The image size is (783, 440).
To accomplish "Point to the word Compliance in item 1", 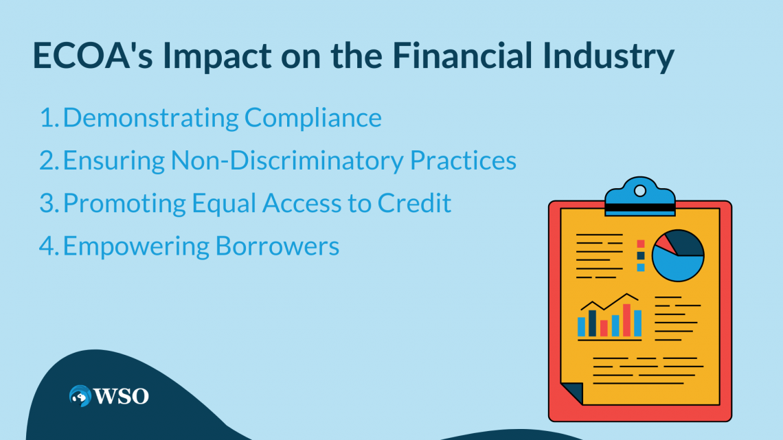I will (x=313, y=118).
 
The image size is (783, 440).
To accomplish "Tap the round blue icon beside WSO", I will (x=80, y=395).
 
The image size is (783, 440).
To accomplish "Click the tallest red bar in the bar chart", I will (x=626, y=320).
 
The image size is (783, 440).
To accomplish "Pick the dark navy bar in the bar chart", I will (x=592, y=323).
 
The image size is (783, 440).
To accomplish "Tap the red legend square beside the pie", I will (x=641, y=244).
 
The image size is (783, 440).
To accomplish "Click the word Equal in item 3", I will (x=227, y=203).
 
